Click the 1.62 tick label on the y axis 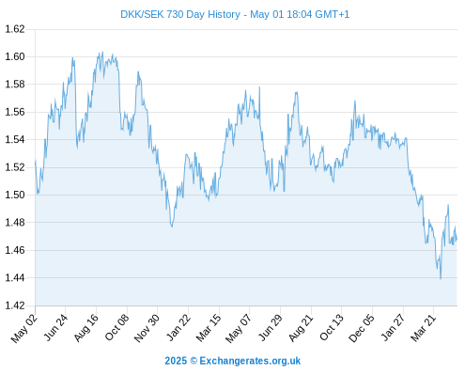[x=15, y=29]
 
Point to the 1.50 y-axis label [x=15, y=195]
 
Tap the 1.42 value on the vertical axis [x=15, y=305]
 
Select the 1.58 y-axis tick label [x=15, y=85]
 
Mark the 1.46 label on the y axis [x=15, y=250]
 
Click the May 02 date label [x=24, y=328]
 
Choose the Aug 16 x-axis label [x=86, y=328]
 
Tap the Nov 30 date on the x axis [x=147, y=328]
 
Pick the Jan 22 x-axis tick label [x=178, y=328]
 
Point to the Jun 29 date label [x=271, y=328]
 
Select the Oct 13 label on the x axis [x=332, y=328]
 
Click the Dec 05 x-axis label [x=362, y=328]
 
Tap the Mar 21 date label [x=424, y=328]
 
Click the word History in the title [x=225, y=15]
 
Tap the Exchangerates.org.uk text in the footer [x=250, y=361]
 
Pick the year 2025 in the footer [x=176, y=361]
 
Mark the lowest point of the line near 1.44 [x=441, y=278]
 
